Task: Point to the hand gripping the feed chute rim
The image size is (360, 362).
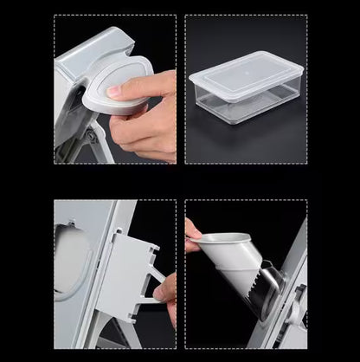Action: click(194, 234)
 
